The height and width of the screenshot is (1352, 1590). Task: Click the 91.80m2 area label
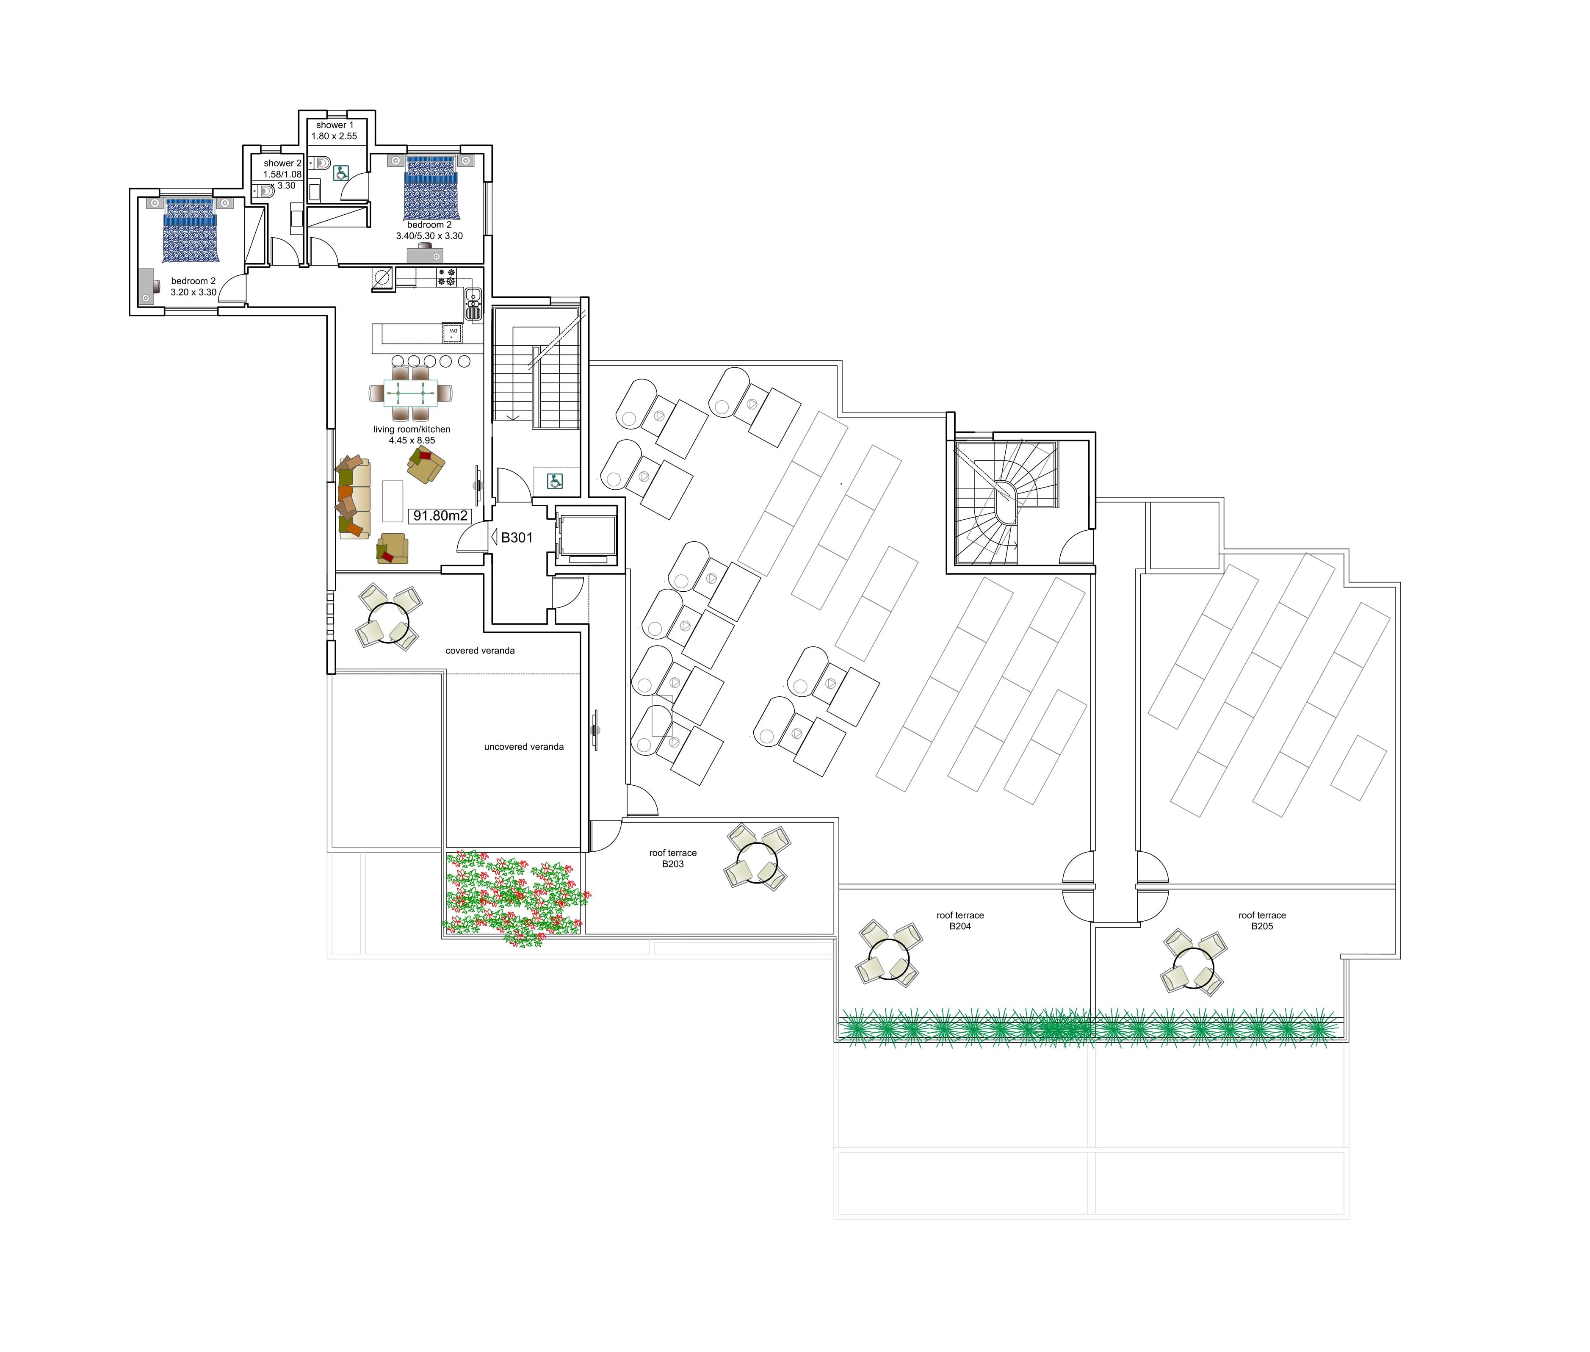[440, 516]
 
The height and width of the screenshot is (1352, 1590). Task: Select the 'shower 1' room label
[335, 125]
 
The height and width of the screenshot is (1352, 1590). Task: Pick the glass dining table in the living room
[411, 393]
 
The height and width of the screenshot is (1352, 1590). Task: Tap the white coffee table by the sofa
[393, 501]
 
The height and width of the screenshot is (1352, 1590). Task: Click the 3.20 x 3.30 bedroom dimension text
[193, 292]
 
